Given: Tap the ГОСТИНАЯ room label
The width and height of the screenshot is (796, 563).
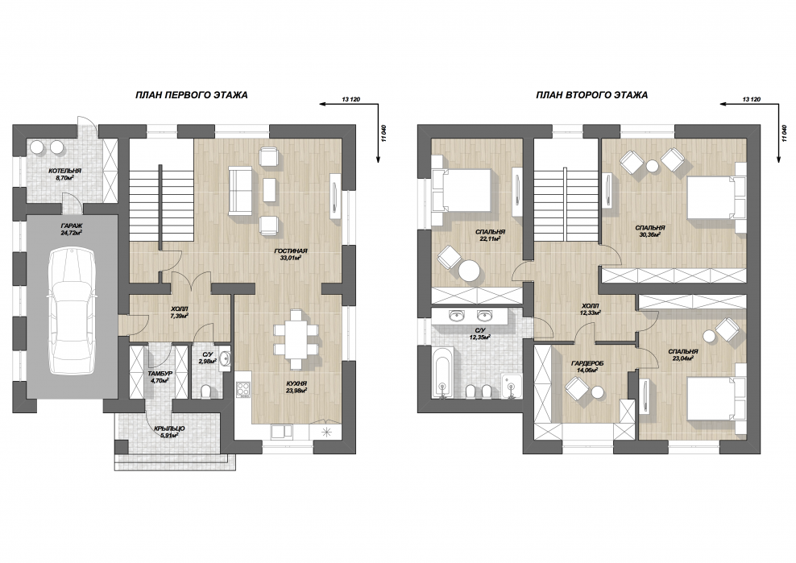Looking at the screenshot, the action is click(x=291, y=250).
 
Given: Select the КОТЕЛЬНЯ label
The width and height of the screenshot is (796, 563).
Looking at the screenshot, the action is click(x=64, y=171).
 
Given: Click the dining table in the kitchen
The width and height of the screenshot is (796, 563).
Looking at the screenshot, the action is click(x=296, y=339).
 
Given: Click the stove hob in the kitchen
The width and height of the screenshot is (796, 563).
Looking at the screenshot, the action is click(x=244, y=389).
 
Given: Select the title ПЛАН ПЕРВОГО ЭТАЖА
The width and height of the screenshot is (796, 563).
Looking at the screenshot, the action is click(x=192, y=95).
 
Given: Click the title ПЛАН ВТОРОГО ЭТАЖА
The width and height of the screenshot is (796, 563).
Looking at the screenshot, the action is click(x=592, y=95).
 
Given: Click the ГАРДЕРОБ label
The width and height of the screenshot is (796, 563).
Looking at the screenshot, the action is click(x=587, y=363).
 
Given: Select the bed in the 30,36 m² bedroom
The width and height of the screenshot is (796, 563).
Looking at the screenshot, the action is click(x=715, y=198).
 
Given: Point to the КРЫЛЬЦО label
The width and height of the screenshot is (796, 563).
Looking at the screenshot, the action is click(x=169, y=429).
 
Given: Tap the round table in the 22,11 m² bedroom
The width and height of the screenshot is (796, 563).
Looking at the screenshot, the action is click(x=469, y=271).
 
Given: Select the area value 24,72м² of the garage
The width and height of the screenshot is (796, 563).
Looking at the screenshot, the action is click(x=72, y=233).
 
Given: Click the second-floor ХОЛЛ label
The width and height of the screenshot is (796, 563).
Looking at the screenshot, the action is click(x=591, y=306).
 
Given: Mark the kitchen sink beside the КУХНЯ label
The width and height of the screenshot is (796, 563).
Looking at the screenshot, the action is click(x=281, y=432).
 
